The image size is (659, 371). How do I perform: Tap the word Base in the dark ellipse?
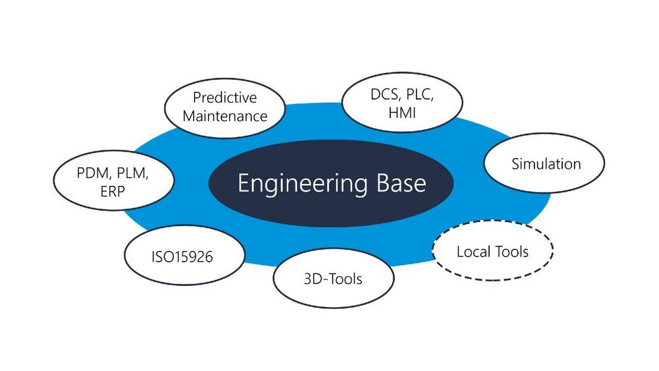click(401, 183)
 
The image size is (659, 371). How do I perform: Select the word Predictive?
click(225, 98)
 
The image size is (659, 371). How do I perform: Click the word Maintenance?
click(225, 116)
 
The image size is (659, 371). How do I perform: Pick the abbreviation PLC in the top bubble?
click(419, 95)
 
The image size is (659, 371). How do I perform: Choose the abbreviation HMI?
click(402, 113)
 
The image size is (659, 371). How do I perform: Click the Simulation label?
click(546, 164)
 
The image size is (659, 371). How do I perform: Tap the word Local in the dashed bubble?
click(474, 252)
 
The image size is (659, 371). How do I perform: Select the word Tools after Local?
click(511, 252)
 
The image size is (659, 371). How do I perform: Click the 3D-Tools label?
click(333, 279)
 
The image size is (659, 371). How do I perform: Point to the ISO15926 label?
click(182, 257)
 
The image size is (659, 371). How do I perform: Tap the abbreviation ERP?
click(113, 192)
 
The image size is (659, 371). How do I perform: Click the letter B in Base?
click(383, 183)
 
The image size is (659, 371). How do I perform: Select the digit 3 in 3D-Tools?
click(308, 279)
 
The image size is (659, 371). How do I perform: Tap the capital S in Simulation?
click(516, 164)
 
